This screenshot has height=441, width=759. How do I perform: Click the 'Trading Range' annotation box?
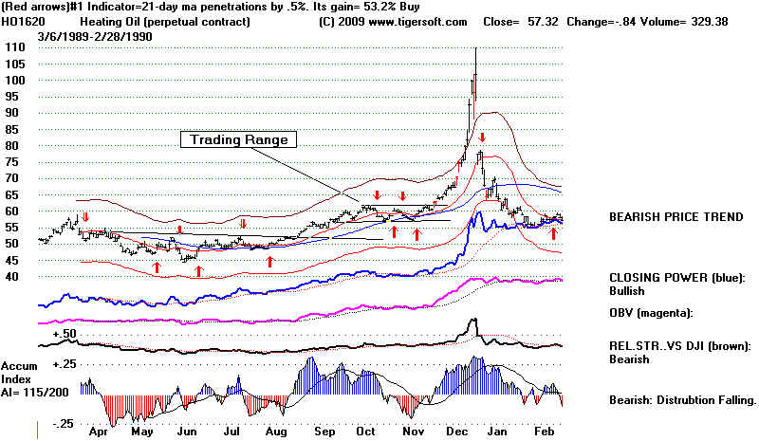[x=239, y=139]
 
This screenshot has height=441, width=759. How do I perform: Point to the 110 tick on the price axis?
[x=14, y=46]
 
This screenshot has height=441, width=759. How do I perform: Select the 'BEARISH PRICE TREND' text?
[x=676, y=217]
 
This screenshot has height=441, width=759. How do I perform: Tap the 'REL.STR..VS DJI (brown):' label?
[x=681, y=346]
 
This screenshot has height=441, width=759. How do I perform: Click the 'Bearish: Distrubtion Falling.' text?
[x=682, y=400]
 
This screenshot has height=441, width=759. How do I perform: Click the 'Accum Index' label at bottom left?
[x=18, y=373]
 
